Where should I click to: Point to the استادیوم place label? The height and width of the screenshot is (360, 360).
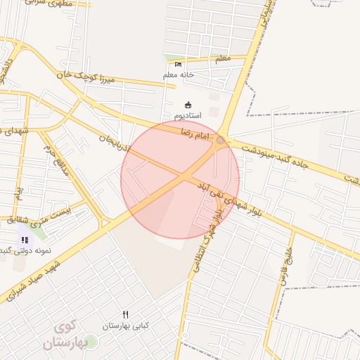point(187,115)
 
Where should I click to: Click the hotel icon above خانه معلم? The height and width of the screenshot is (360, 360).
point(178,65)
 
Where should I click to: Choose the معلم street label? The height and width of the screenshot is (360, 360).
point(222,59)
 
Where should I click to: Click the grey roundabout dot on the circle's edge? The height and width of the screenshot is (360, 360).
point(220,141)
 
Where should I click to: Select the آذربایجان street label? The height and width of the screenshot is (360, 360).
point(113,146)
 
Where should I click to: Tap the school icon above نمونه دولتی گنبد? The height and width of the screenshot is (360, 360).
point(25,240)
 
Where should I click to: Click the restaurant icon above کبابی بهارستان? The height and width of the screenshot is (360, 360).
point(126,315)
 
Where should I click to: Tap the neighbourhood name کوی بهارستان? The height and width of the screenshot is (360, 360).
point(68,336)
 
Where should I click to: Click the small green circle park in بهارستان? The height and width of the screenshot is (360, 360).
point(92,342)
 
